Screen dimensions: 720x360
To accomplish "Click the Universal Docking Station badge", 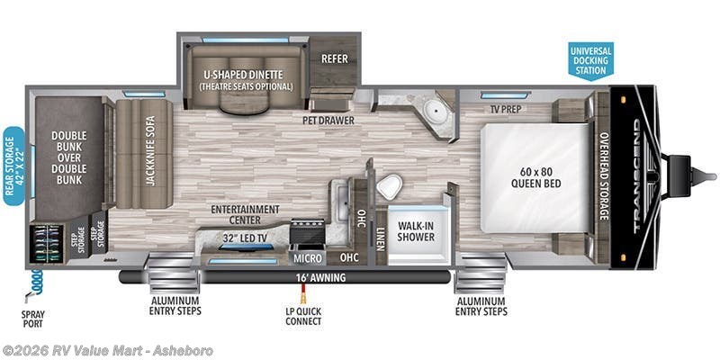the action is tap(590, 60).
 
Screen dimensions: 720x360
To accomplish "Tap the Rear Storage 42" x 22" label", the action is tap(13, 166).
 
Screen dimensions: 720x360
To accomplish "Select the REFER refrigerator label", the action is tap(334, 58).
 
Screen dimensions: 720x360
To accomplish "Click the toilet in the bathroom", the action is tap(390, 186).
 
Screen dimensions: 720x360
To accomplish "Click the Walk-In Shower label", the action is tap(416, 231).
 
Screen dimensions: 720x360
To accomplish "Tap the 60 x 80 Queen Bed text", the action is tap(535, 178).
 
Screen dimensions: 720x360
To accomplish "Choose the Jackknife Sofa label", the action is tap(150, 150).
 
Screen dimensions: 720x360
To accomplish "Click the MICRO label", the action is tap(308, 258).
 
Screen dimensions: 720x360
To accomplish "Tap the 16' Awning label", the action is tap(321, 277).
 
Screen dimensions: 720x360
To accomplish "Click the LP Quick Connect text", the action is tap(303, 316).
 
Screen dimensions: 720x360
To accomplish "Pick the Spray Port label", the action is tap(33, 319).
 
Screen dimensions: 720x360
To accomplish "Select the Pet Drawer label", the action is tap(328, 121).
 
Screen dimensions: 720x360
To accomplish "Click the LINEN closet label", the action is tap(380, 238).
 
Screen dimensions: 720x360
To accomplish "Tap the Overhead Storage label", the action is tap(603, 175).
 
